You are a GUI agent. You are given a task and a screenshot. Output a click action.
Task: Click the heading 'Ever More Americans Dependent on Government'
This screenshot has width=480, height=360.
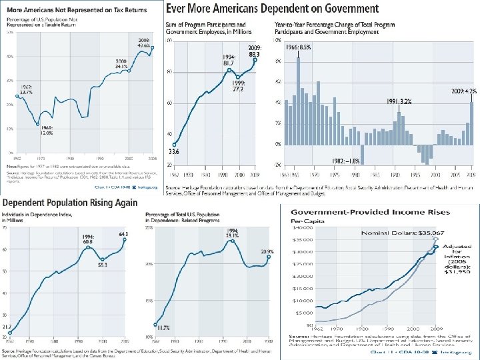point(272,9)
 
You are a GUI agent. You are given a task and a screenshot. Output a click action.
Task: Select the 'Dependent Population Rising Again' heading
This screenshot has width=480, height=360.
point(69,203)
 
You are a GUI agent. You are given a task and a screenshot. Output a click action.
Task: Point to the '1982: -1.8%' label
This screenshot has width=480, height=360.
point(347,161)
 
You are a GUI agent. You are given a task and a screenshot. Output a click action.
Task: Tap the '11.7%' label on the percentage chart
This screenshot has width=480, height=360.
point(162,327)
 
